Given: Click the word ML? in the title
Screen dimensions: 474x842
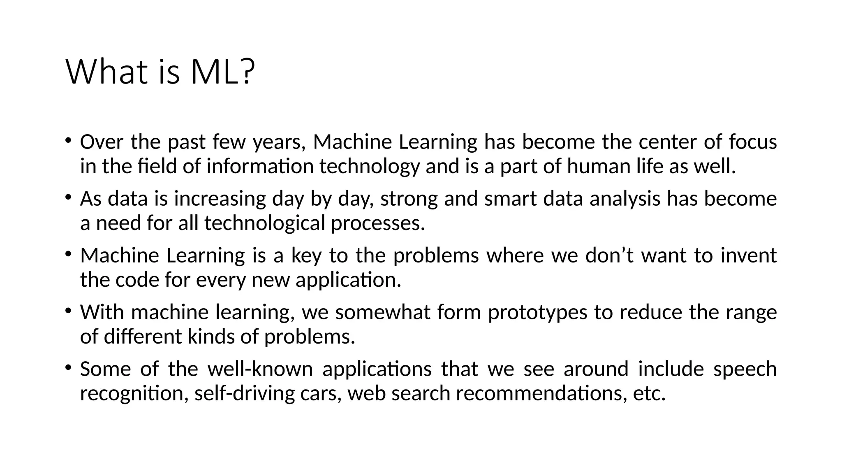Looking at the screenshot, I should coord(223,72).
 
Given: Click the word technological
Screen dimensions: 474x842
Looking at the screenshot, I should coord(264,223).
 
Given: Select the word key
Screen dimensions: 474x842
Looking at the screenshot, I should coord(306,256).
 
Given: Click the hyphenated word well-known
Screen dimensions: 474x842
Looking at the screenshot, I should coord(260,369).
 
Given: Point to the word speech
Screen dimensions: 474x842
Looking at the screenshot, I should coord(745,369).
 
